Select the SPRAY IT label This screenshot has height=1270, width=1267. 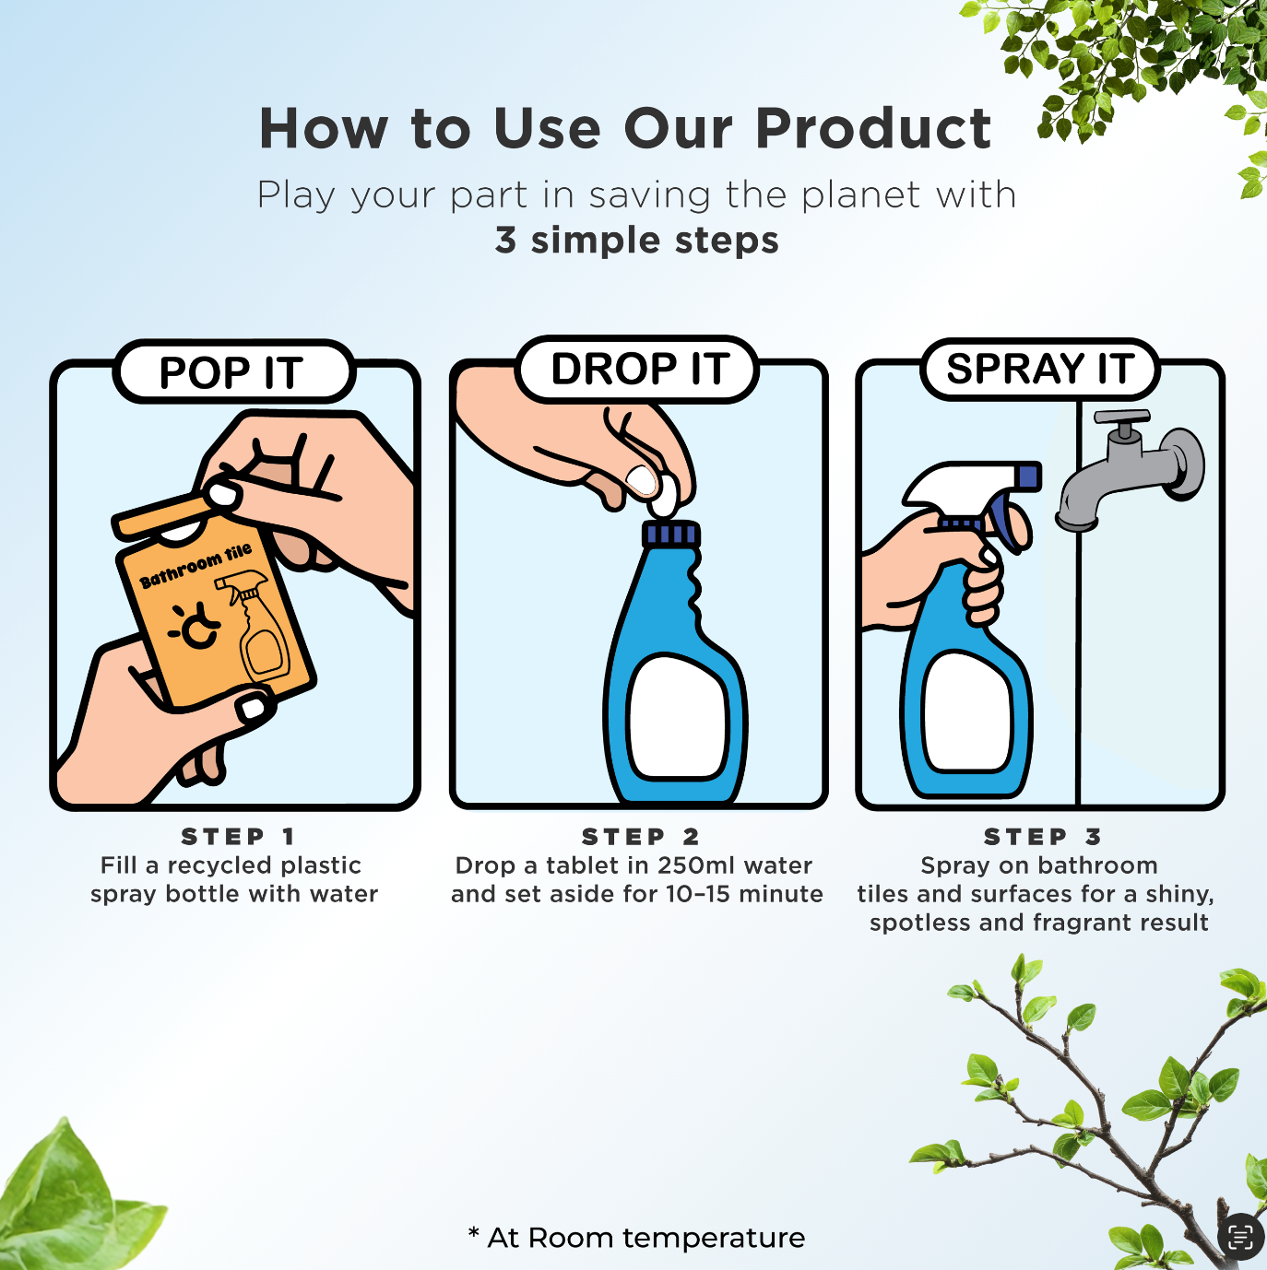coord(1039,369)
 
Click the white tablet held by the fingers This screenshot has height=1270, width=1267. coord(664,496)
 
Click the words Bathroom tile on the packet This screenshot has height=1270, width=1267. coord(195,566)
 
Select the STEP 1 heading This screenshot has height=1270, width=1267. coord(238,836)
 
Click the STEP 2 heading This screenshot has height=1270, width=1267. coord(641,836)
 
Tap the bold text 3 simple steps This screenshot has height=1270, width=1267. coord(637,240)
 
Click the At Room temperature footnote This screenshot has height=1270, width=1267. coord(636,1237)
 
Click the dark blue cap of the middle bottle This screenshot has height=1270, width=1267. coord(670,534)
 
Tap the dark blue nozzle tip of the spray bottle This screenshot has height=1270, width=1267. coord(1030,476)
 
